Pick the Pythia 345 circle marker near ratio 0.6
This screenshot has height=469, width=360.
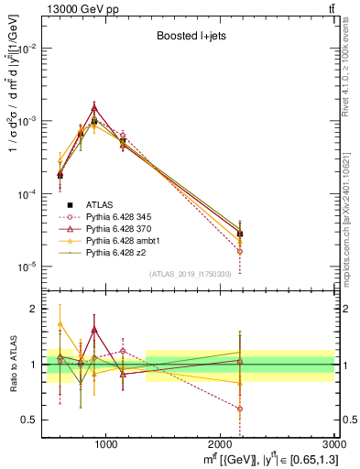[x=240, y=409]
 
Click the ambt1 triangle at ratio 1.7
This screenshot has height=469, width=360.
[x=60, y=323]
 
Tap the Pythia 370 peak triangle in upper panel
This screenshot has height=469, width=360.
[x=94, y=106]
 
